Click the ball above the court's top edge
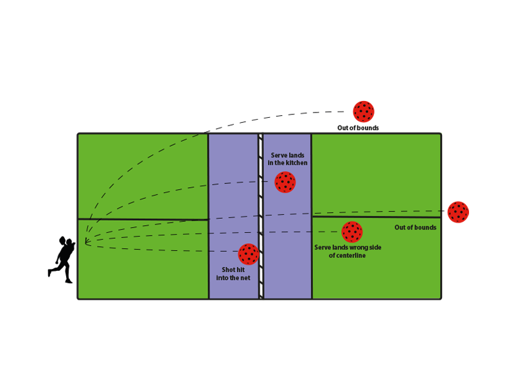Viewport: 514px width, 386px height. coord(364,111)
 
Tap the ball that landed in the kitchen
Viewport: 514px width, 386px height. coord(285,182)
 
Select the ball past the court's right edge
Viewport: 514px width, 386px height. coord(458,212)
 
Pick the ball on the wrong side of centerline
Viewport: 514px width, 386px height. coord(352,232)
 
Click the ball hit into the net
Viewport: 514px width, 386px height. coord(249,254)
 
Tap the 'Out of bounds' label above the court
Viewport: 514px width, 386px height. coord(358,128)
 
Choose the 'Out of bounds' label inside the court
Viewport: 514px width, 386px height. coord(415,228)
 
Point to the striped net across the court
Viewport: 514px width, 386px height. coord(261,216)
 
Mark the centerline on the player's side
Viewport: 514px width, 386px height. coord(143,219)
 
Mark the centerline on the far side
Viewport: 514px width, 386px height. coord(376,217)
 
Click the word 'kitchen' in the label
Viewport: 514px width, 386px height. coord(296,163)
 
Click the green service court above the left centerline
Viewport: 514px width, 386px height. coord(143,176)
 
